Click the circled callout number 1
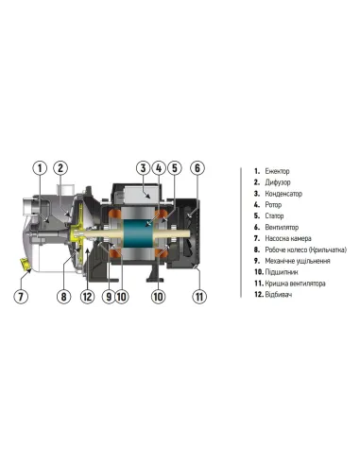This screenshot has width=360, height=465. click(x=40, y=168)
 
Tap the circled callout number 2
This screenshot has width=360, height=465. click(x=60, y=168)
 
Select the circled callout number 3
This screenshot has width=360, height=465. click(x=144, y=168)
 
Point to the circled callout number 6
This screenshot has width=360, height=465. click(x=197, y=168)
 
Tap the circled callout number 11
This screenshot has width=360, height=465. click(x=198, y=296)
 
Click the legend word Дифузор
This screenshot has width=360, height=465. click(x=281, y=182)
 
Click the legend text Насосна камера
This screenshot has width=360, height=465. click(x=290, y=238)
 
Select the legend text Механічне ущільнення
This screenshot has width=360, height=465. click(x=300, y=261)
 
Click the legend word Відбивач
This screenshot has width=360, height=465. click(x=282, y=295)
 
